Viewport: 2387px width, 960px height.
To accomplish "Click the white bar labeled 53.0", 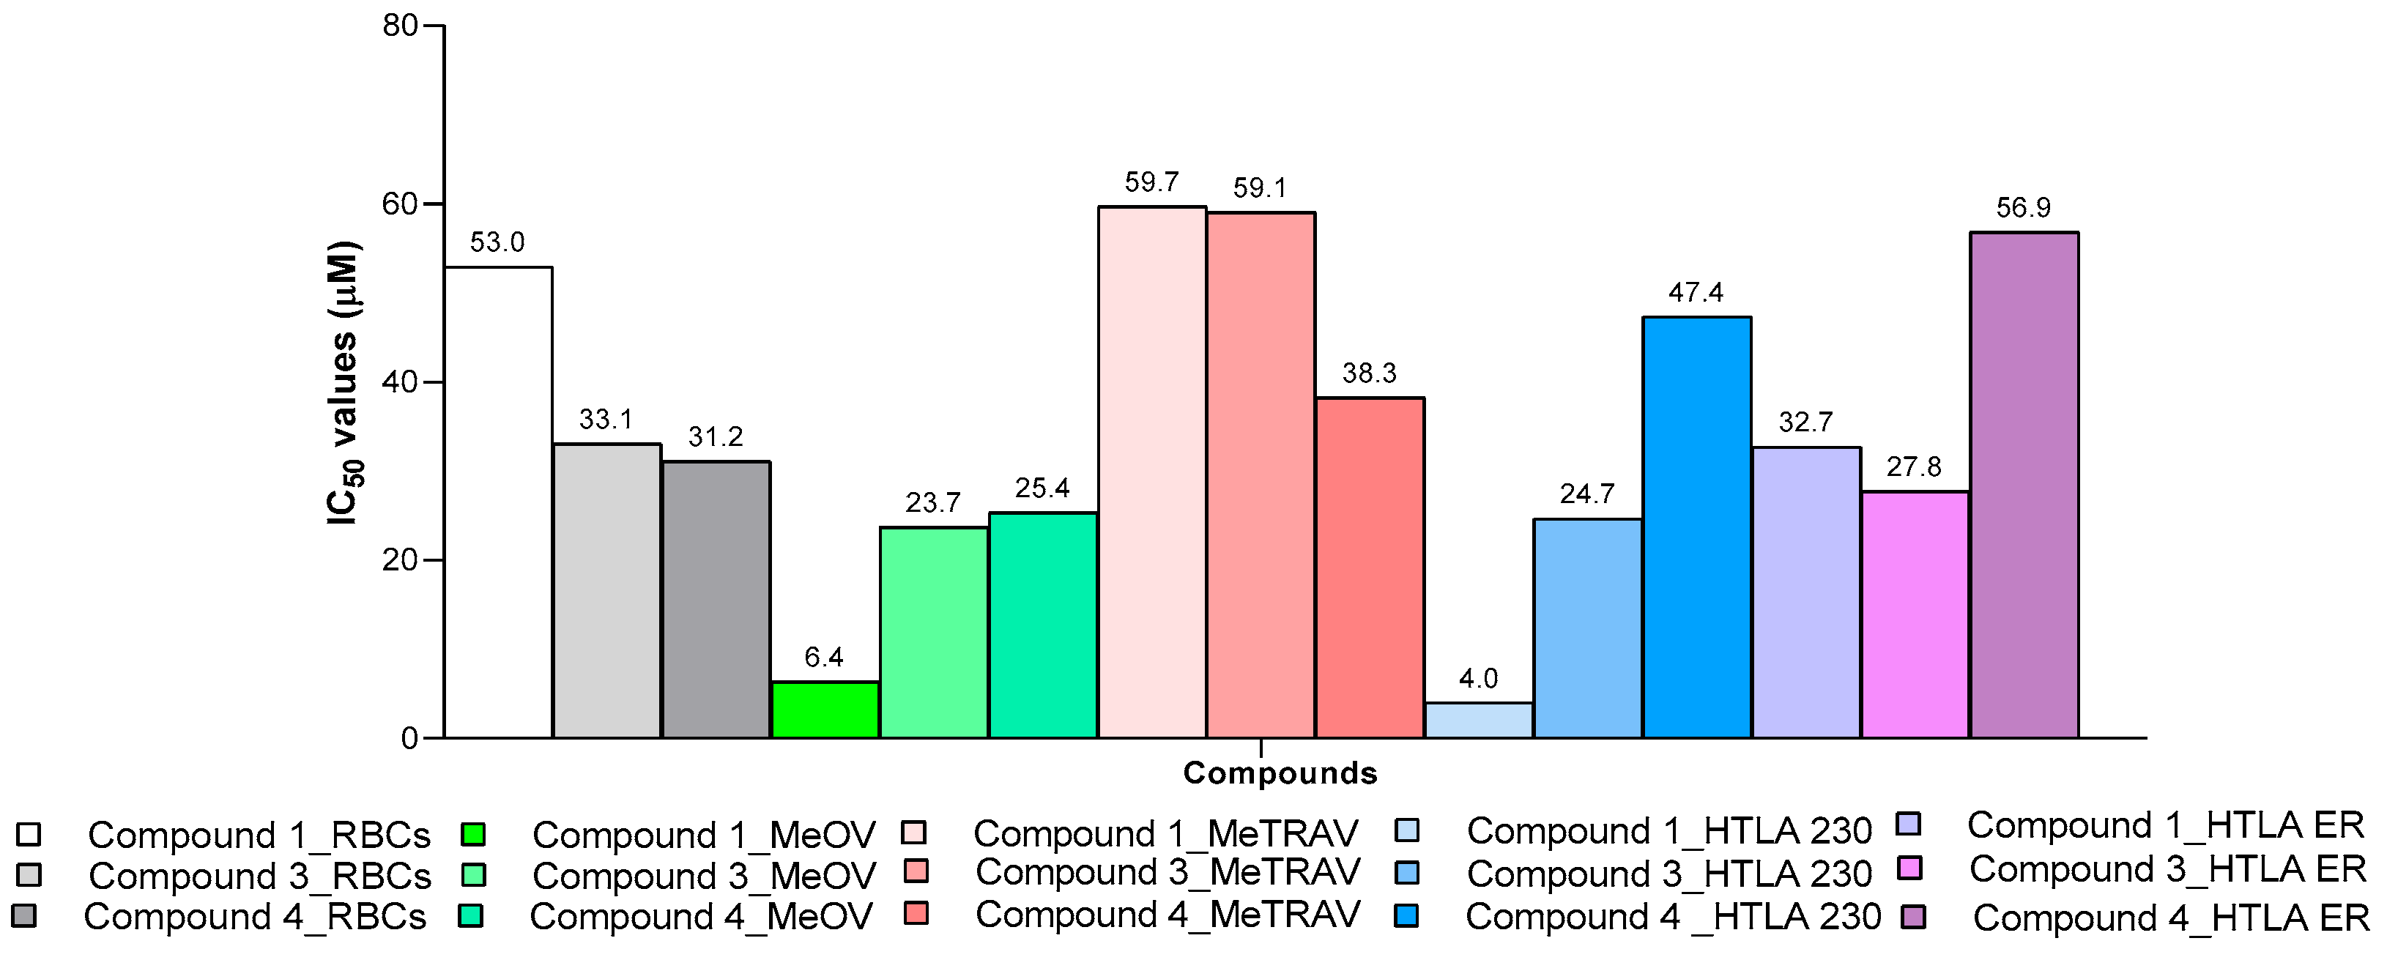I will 499,503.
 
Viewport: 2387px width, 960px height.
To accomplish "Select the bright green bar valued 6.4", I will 825,711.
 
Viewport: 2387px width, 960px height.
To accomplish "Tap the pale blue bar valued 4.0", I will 1478,721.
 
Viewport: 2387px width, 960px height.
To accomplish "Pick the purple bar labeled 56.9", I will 2024,485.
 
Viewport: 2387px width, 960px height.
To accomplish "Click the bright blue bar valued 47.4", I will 1696,528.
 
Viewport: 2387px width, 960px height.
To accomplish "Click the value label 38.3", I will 1369,373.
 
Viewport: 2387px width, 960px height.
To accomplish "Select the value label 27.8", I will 1914,467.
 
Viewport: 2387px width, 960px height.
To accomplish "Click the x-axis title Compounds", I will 1280,773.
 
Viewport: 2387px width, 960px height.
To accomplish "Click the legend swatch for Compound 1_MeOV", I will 472,834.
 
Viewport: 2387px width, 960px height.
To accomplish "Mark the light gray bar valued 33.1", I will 607,591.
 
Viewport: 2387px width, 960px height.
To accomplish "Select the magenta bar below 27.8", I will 1915,615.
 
